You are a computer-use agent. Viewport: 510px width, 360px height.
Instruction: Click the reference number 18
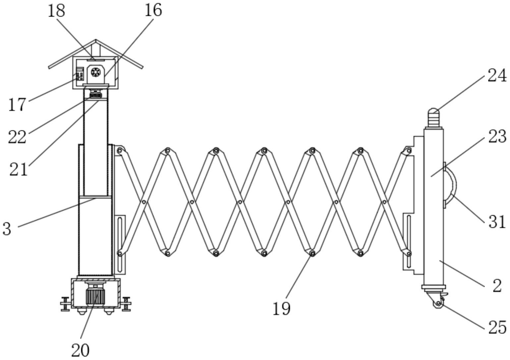point(56,11)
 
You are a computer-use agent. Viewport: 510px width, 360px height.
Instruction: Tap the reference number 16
point(153,11)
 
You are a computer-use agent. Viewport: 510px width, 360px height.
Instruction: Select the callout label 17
point(17,105)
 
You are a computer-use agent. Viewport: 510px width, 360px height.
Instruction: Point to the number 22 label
point(17,137)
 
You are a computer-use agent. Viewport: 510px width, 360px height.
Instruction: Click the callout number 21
point(19,169)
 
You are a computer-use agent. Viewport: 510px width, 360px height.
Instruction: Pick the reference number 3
point(7,229)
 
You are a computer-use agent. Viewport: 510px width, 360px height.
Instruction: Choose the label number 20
point(80,350)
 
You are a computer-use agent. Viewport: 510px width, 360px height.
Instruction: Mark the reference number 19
point(281,309)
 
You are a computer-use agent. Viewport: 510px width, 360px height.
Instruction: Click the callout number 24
point(497,76)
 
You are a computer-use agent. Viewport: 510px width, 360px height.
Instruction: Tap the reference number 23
point(497,136)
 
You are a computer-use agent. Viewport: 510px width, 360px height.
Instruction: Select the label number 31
point(497,222)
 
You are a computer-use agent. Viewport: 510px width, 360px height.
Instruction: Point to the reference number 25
point(497,328)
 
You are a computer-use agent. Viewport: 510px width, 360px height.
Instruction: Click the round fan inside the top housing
point(96,72)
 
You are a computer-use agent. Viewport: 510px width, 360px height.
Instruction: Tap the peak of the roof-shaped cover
point(96,40)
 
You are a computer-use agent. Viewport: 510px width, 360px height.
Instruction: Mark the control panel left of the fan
point(80,74)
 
